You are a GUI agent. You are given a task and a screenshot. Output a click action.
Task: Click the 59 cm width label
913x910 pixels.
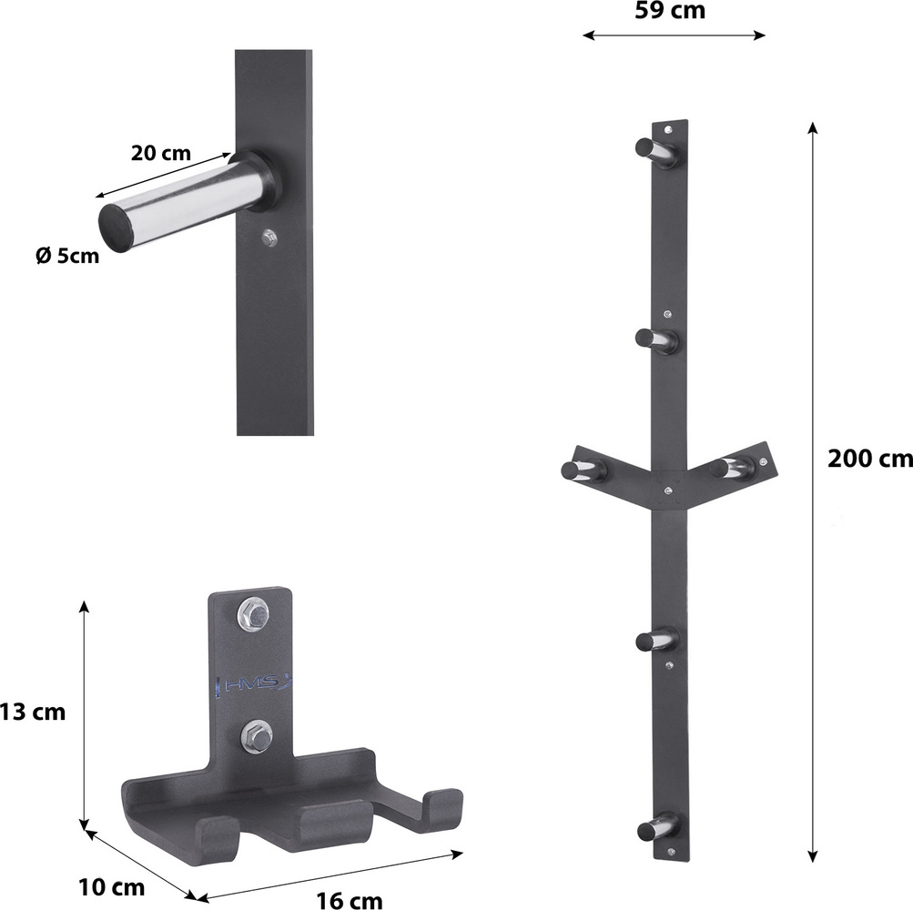click(x=670, y=11)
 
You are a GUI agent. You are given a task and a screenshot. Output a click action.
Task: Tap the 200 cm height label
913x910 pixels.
click(x=870, y=459)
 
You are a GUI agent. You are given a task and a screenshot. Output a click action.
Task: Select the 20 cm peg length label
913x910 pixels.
click(x=161, y=153)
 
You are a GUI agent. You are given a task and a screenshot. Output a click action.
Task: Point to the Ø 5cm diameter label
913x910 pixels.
click(x=67, y=256)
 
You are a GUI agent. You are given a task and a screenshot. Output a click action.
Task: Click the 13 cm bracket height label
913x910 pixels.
click(x=33, y=712)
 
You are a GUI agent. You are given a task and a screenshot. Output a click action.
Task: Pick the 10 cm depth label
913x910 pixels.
click(x=112, y=887)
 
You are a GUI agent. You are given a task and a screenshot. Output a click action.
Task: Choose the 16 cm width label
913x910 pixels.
click(x=350, y=900)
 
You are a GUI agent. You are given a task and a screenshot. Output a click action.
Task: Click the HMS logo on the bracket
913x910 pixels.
click(x=254, y=684)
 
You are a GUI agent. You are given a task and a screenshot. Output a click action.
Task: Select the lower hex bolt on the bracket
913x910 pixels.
click(x=256, y=737)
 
